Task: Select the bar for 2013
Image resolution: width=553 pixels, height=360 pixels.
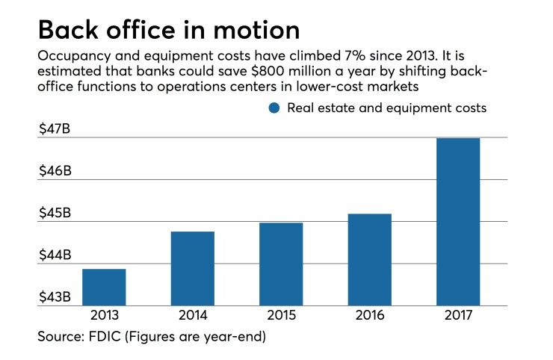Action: [104, 288]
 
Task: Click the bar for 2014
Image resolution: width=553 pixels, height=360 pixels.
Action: [193, 269]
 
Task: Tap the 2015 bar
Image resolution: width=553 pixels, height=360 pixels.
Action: [281, 264]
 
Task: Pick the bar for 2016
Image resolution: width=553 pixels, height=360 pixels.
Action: [370, 260]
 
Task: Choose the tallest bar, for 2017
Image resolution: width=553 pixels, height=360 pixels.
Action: [458, 222]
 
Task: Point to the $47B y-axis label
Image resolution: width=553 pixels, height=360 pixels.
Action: [55, 129]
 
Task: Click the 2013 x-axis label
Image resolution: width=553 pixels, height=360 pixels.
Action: [104, 317]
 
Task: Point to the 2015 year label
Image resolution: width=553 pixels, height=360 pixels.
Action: [281, 317]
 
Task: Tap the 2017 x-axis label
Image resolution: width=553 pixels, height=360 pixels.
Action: [458, 317]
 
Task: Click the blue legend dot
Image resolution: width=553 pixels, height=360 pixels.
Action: [274, 108]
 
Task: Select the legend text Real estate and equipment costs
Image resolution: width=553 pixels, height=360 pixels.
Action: [387, 108]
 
